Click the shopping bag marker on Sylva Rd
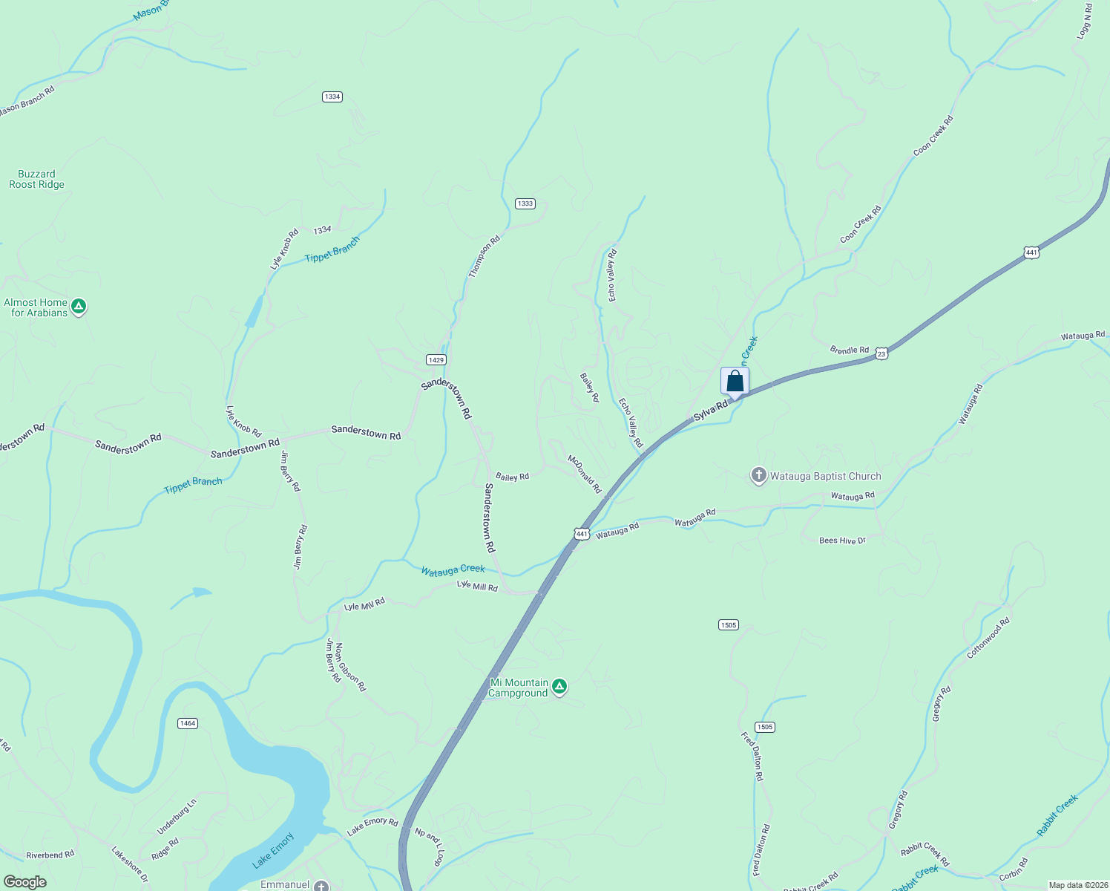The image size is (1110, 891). [x=735, y=382]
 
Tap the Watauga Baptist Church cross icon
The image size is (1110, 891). [x=758, y=476]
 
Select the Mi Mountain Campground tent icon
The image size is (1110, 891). [x=560, y=687]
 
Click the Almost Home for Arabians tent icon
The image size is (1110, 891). [x=79, y=307]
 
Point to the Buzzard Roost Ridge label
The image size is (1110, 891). [x=36, y=179]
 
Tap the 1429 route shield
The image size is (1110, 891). [x=436, y=359]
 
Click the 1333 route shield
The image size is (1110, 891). [x=525, y=203]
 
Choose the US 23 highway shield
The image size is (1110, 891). [x=881, y=353]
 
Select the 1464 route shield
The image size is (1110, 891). [x=188, y=723]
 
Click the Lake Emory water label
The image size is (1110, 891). [x=273, y=850]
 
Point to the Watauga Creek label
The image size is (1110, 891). [x=453, y=570]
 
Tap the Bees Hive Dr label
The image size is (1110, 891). [x=842, y=541]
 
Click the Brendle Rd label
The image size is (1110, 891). [x=849, y=350]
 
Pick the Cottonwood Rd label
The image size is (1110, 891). [x=988, y=639]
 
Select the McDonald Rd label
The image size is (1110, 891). [x=585, y=474]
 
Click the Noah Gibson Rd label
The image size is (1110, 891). [x=349, y=667]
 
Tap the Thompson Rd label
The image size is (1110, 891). [x=484, y=257]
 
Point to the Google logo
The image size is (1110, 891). [x=24, y=882]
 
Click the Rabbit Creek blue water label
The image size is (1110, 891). [x=1057, y=815]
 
